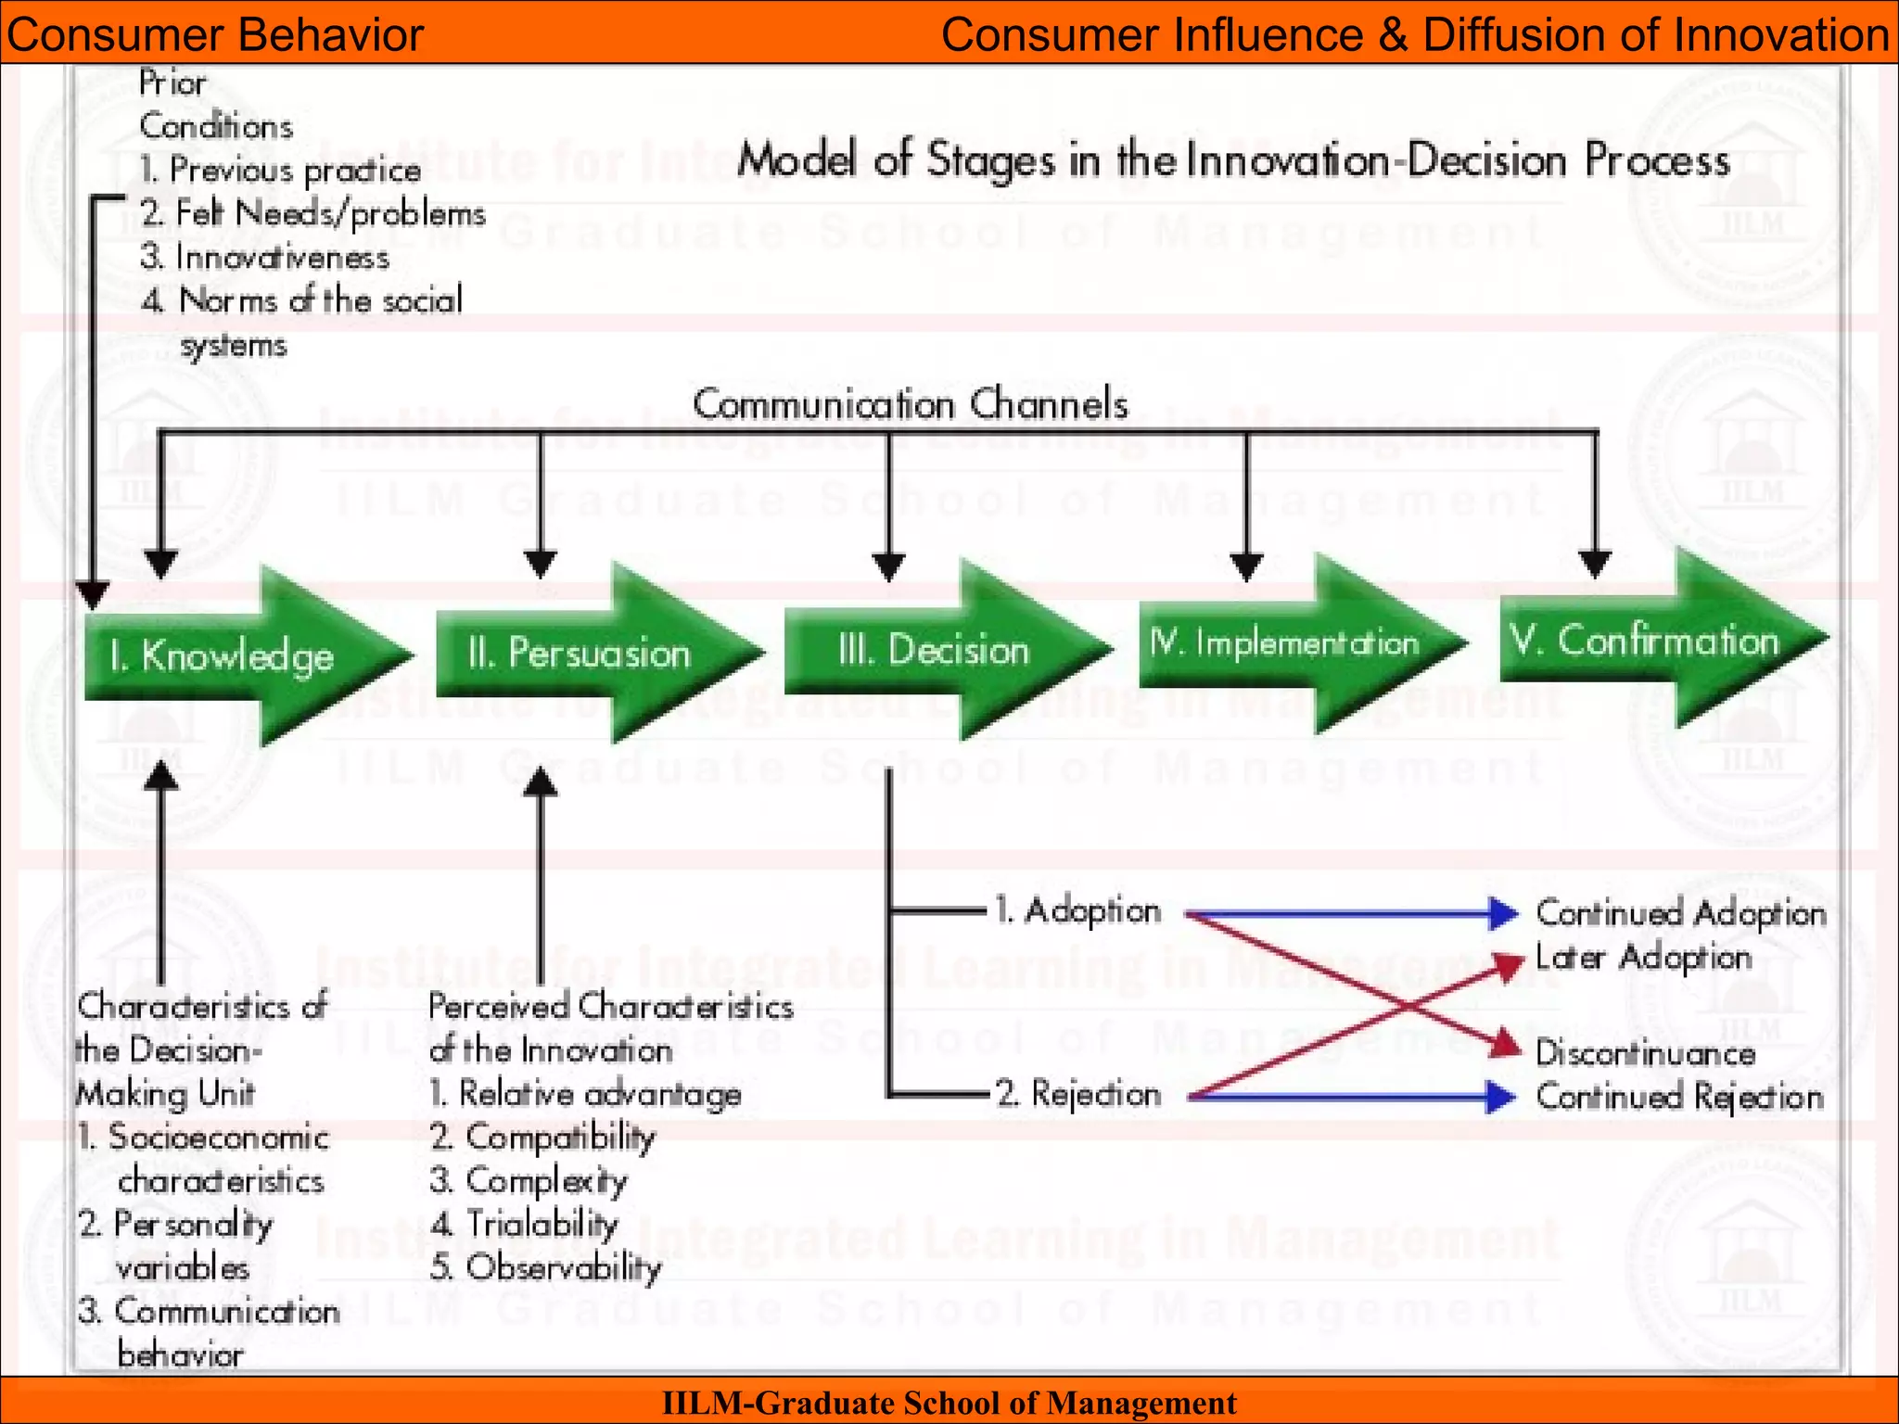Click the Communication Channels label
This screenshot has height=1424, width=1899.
coord(910,404)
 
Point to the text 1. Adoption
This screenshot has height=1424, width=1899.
coord(1077,910)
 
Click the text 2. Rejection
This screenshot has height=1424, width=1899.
coord(1077,1094)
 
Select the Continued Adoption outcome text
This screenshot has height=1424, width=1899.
coord(1680,913)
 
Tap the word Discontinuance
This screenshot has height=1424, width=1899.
coord(1645,1053)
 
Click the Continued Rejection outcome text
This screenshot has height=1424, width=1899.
coord(1679,1097)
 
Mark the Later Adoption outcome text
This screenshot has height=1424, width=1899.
coord(1643,957)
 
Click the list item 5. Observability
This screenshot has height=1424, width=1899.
coord(545,1267)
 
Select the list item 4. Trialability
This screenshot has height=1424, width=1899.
coord(524,1224)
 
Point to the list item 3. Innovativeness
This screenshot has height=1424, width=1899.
coord(264,257)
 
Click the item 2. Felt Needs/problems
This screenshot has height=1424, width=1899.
coord(312,213)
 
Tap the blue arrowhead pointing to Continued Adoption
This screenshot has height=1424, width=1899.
coord(1501,913)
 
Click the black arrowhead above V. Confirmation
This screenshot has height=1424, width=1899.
coord(1595,564)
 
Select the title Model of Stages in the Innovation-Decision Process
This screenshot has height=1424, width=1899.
coord(1233,159)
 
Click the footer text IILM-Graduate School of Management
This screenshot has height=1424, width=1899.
coord(949,1403)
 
